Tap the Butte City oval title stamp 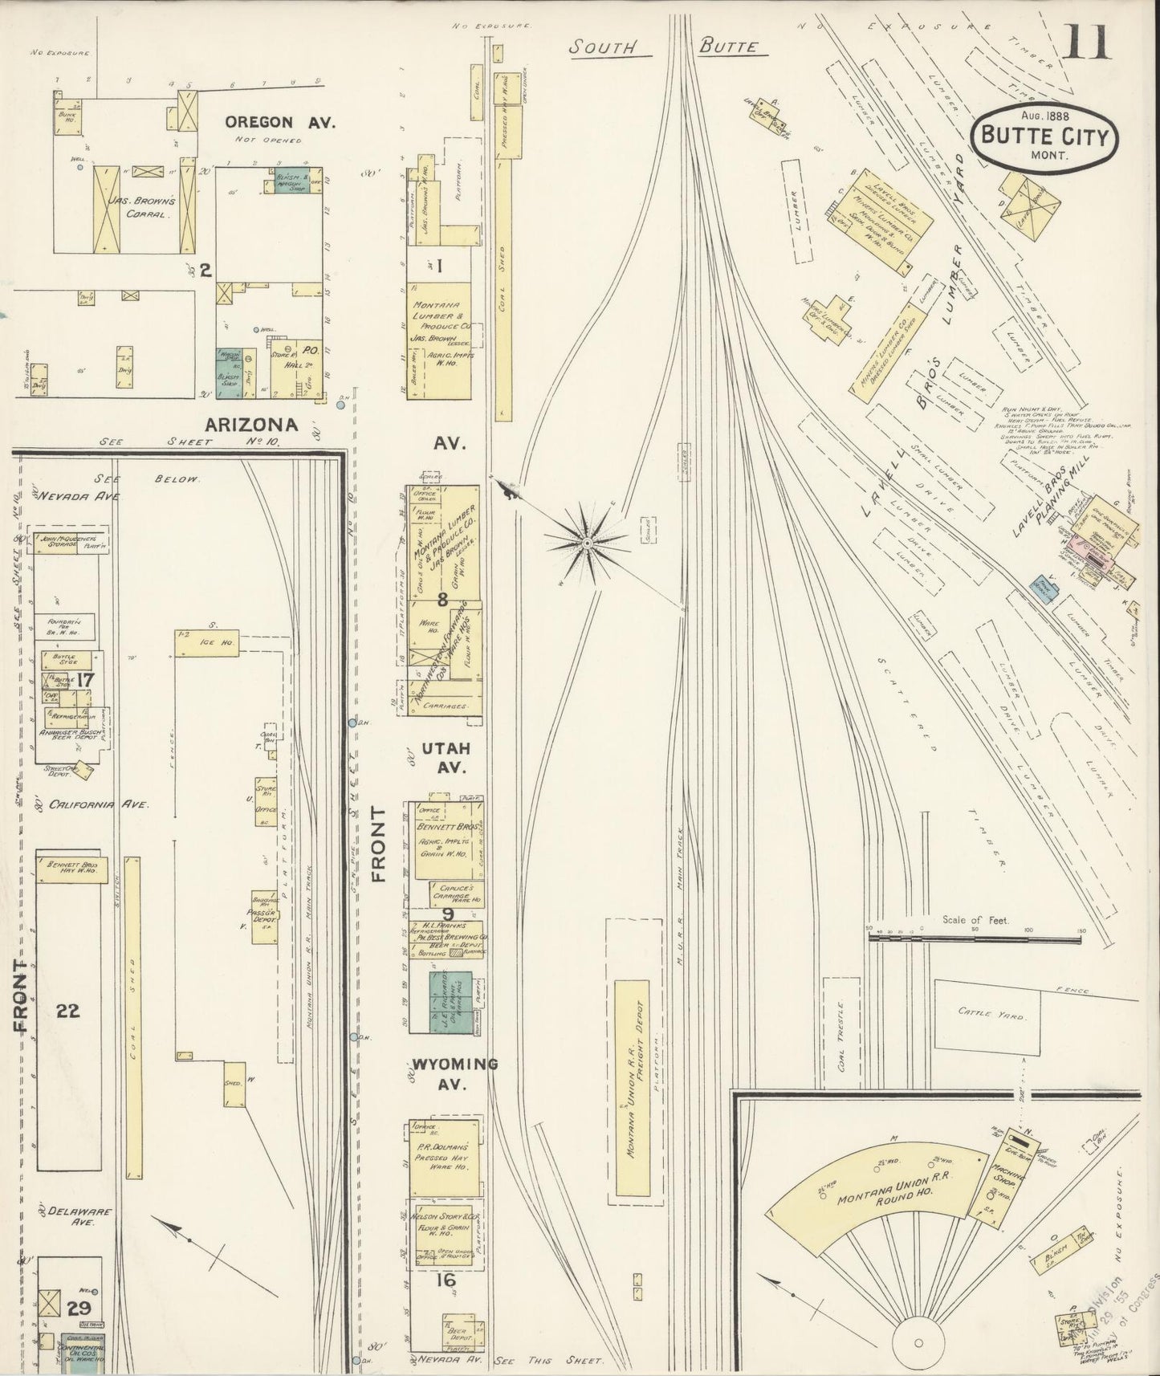click(1044, 136)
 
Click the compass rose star click(588, 543)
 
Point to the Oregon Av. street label click(279, 122)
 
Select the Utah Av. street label click(452, 757)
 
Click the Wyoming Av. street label click(454, 1071)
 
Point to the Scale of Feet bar click(975, 937)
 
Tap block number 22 click(68, 1010)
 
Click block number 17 click(85, 680)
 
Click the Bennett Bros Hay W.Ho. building click(71, 869)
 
